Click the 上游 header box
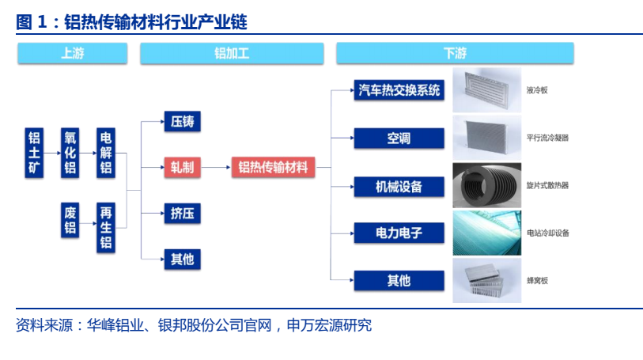point(73,53)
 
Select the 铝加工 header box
point(232,53)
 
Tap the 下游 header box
point(455,53)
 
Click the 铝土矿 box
point(34,153)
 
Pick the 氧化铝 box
point(70,153)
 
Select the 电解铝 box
point(106,153)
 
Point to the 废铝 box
point(70,220)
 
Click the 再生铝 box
point(106,228)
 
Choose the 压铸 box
point(183,121)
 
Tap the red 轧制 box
point(183,167)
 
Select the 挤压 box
point(183,213)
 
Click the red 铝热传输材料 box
point(273,167)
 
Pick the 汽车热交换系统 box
point(399,90)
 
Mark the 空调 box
point(399,138)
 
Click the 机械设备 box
point(399,187)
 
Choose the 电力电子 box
point(399,233)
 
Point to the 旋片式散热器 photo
point(486,185)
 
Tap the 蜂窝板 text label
point(537,280)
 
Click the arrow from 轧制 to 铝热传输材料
point(216,167)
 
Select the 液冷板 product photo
point(486,90)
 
